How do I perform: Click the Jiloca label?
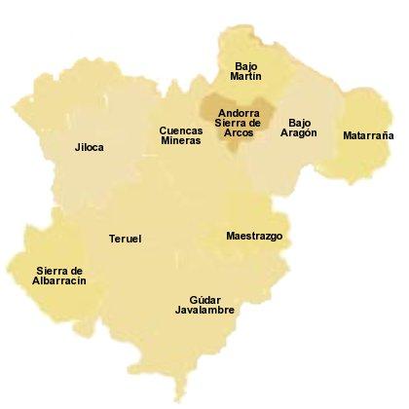89,148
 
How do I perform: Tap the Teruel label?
126,239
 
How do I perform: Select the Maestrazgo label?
254,236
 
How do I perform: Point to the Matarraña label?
368,136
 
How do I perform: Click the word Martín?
246,77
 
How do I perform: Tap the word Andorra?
238,112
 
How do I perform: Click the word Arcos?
239,132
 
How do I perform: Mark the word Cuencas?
181,130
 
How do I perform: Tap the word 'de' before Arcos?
256,123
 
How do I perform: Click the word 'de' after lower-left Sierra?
75,270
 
